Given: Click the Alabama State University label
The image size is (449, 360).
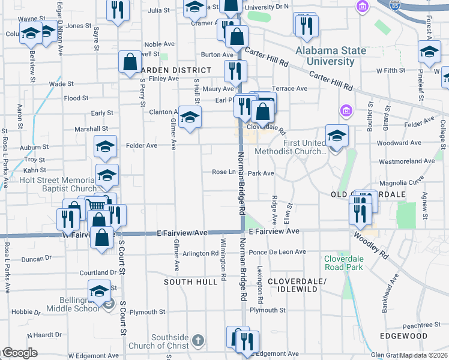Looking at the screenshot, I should pyautogui.click(x=331, y=56).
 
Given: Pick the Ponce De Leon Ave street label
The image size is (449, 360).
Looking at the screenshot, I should pyautogui.click(x=274, y=252).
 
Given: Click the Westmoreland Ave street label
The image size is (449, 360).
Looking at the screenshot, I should pyautogui.click(x=406, y=161).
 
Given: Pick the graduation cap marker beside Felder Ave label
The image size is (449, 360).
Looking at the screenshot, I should pyautogui.click(x=105, y=147).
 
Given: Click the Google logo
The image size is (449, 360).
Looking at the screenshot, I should pyautogui.click(x=20, y=353).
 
